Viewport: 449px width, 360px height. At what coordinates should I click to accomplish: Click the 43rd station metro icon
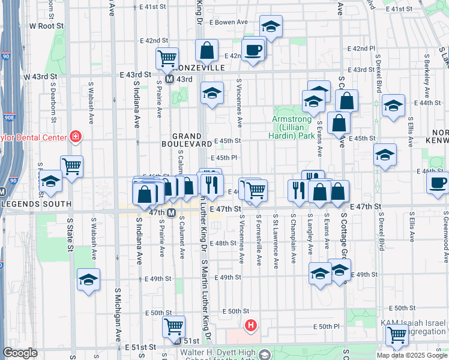170,79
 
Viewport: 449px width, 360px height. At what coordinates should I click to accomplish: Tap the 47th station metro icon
171,213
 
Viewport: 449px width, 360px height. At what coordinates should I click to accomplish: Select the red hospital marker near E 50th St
251,326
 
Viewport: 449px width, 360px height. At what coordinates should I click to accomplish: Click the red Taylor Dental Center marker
76,137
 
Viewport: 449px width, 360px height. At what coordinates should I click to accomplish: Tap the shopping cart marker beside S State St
72,166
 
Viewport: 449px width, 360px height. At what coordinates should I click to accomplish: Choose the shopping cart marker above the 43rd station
167,58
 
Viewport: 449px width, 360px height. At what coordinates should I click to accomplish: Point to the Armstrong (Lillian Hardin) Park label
293,127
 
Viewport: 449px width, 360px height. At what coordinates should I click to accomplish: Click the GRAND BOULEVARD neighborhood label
187,140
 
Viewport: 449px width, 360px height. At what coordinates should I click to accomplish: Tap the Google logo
20,353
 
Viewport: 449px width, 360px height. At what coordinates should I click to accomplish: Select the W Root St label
46,26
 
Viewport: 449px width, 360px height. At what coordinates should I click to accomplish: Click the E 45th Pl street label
227,157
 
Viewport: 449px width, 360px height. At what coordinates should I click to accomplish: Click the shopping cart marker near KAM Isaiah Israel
397,336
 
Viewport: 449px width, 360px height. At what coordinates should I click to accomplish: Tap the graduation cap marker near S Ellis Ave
393,107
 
